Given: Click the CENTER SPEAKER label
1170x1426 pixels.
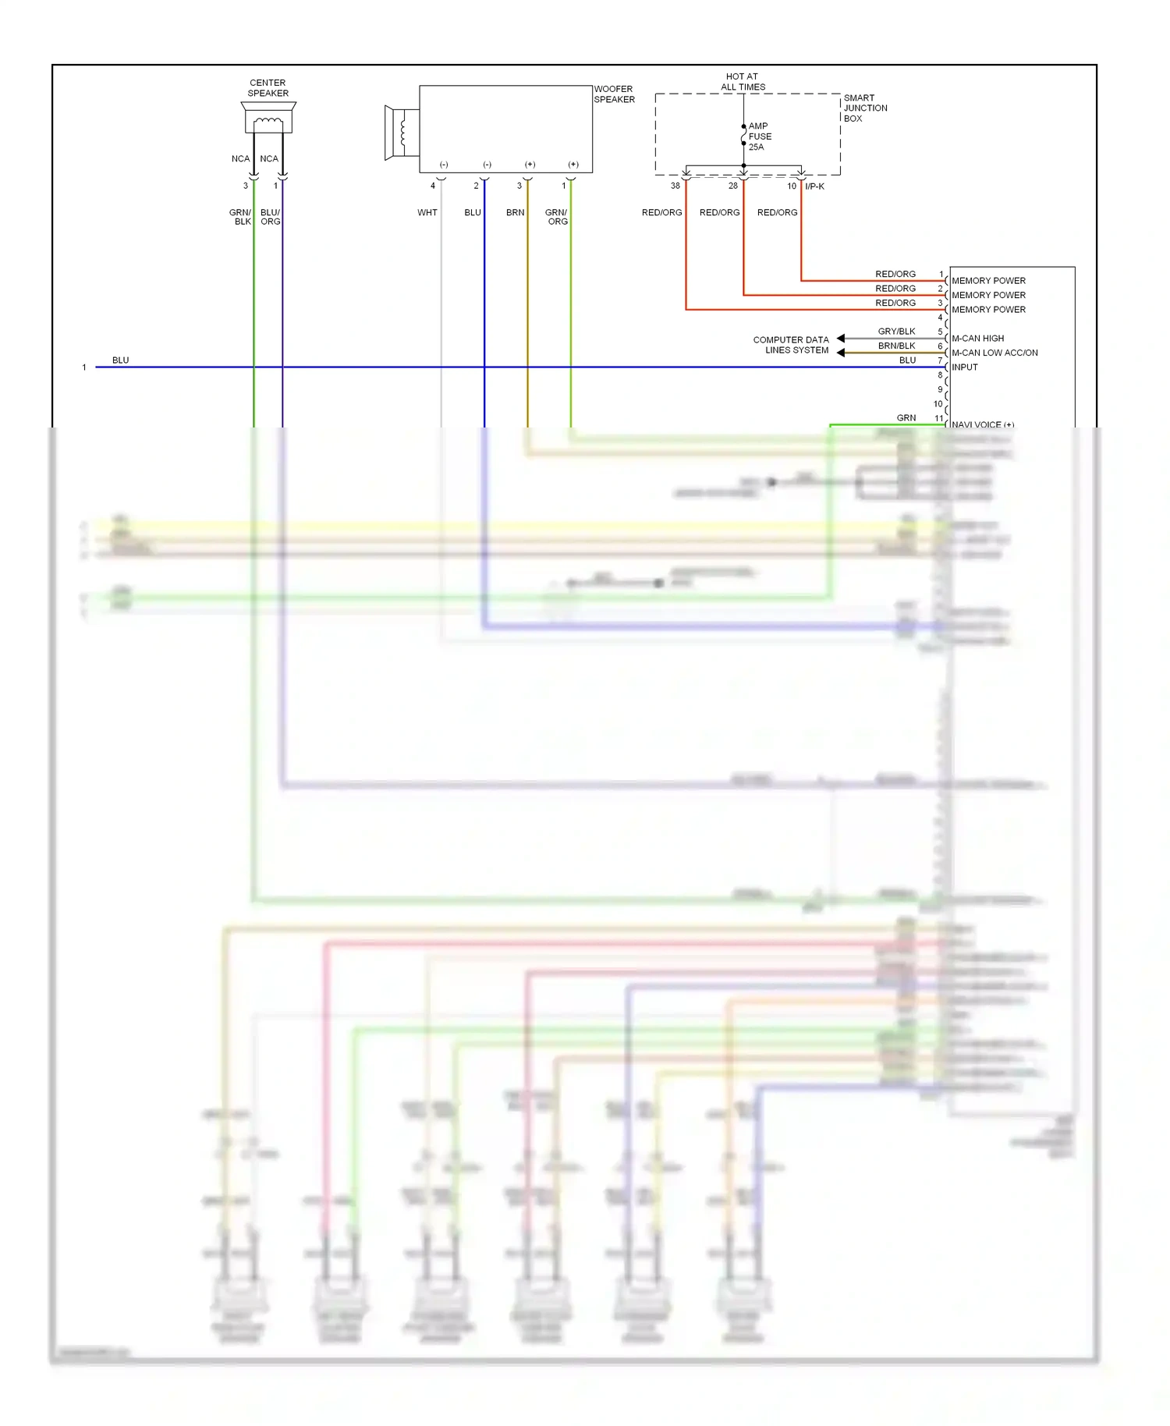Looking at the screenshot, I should tap(268, 87).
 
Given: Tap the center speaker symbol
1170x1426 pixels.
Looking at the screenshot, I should tap(268, 119).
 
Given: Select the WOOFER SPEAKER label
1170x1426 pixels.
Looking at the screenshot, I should tap(614, 94).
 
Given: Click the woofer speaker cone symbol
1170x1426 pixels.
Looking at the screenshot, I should tap(400, 133).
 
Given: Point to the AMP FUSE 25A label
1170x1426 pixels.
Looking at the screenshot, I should tap(760, 136).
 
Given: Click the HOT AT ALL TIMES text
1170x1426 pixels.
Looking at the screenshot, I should tap(742, 82).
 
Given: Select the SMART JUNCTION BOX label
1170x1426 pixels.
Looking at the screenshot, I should tap(864, 108).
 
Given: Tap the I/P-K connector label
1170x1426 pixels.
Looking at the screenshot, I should tap(814, 186).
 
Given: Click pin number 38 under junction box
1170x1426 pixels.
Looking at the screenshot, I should tap(675, 186).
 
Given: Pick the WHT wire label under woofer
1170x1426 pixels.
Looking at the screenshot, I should tap(427, 212).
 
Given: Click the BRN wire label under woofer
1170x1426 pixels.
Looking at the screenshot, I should tap(515, 212).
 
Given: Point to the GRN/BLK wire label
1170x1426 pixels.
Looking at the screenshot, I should tap(240, 217).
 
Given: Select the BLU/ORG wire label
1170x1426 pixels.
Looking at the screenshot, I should tap(270, 217).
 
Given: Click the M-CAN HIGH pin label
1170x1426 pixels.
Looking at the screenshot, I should tap(977, 338).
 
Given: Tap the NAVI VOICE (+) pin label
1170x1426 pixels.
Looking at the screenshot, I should tap(982, 424).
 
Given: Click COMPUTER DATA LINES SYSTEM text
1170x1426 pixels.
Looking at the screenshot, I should tap(790, 345).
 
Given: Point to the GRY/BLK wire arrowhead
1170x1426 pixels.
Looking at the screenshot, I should tap(841, 338).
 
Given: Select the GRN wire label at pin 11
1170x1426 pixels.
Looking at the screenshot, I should tap(906, 417).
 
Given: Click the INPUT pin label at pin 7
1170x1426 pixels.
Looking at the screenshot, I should tap(964, 367).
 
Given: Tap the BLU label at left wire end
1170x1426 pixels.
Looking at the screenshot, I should tap(120, 360).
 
